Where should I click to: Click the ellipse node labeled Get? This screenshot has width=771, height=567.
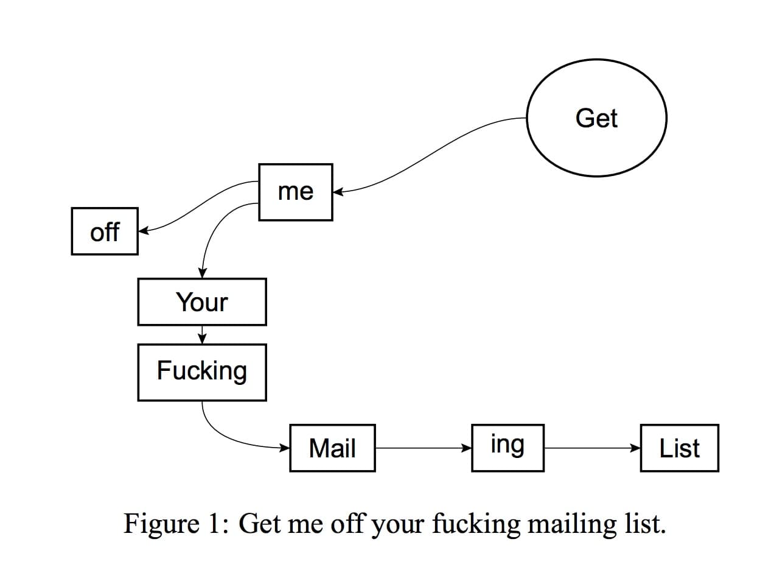click(596, 118)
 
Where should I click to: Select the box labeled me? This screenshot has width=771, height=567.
click(295, 192)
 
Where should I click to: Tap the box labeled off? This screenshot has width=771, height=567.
click(105, 231)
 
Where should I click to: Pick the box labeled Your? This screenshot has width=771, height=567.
click(201, 302)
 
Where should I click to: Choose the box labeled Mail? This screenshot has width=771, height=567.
click(332, 448)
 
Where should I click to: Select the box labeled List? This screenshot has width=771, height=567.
click(679, 448)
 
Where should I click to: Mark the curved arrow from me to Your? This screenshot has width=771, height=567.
click(213, 231)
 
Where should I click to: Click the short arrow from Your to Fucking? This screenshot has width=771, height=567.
click(202, 334)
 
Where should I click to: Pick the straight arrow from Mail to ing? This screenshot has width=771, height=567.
click(423, 448)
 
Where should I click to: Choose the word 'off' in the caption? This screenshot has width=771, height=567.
click(349, 524)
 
